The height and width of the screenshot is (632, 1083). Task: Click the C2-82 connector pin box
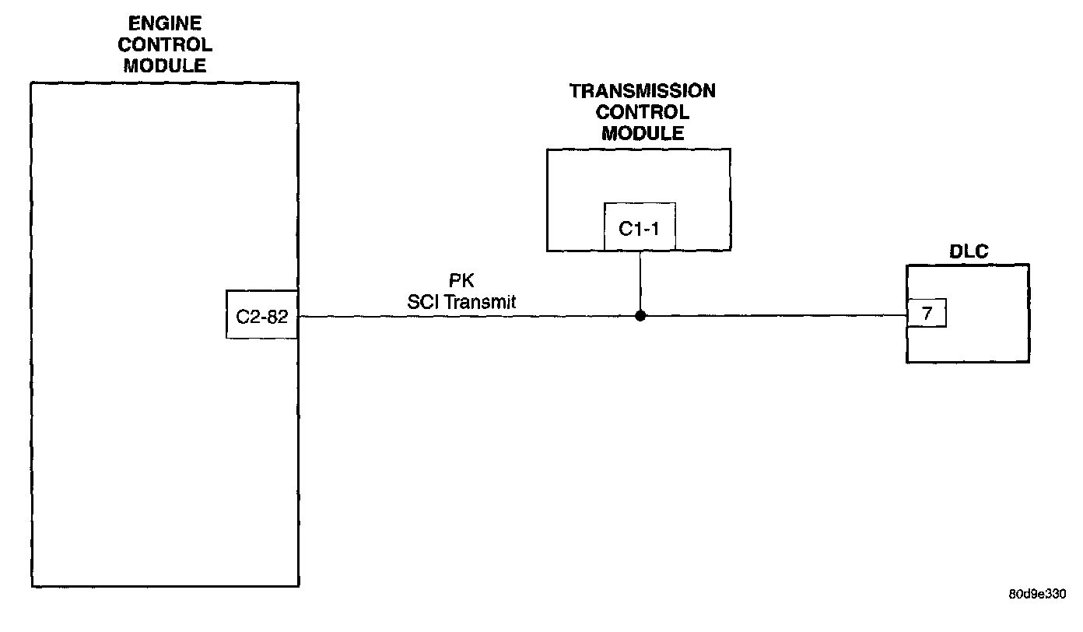coord(262,315)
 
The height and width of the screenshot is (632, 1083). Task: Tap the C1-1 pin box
coord(640,227)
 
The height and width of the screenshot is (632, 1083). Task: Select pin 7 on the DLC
coord(927,315)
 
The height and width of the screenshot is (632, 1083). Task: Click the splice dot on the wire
coord(640,316)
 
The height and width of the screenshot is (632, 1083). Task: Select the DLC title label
coord(968,252)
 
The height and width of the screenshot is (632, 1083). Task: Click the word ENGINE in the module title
coord(165,25)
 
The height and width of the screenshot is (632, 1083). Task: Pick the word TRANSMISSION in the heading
coord(642,91)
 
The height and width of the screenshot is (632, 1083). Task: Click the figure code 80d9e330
coord(1037,594)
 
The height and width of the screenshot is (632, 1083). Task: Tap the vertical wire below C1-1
coord(640,280)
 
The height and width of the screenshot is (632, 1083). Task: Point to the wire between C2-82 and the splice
coord(467,317)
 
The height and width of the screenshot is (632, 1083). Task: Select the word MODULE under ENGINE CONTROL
coord(165,65)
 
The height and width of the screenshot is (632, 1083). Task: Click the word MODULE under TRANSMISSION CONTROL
coord(642,133)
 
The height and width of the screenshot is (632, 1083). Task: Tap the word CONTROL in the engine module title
coord(165,45)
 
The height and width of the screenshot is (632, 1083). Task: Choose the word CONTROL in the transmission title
coord(642,112)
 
